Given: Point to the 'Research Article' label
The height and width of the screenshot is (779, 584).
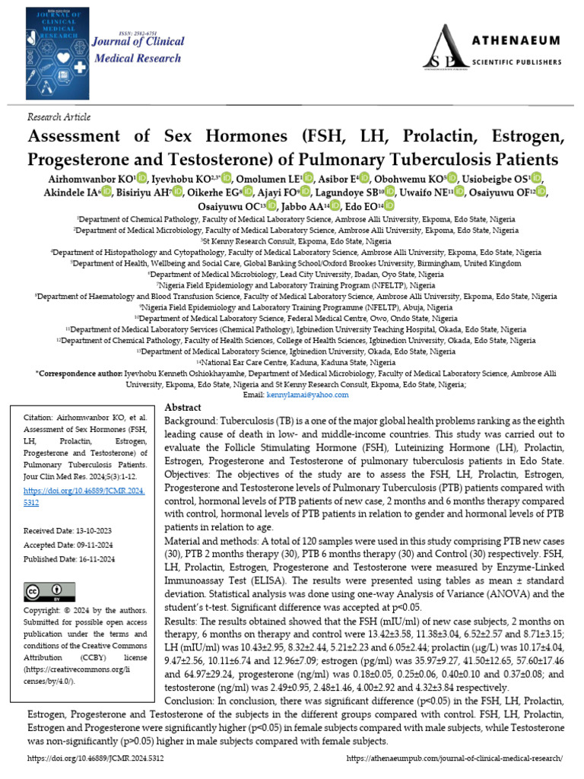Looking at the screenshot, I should [x=59, y=117].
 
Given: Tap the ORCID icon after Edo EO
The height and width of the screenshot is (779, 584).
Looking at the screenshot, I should [x=389, y=206].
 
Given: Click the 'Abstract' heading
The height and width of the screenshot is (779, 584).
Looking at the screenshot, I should [x=182, y=409].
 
